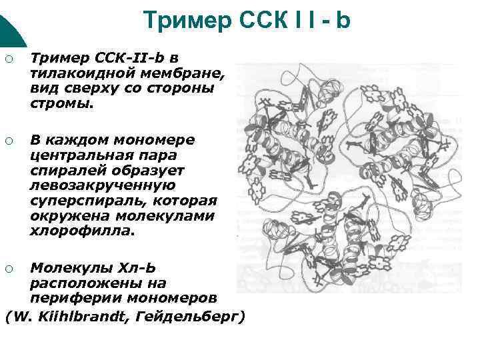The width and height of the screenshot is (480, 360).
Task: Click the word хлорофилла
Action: pos(81,231)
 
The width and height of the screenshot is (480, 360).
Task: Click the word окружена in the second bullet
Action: pos(70,217)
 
